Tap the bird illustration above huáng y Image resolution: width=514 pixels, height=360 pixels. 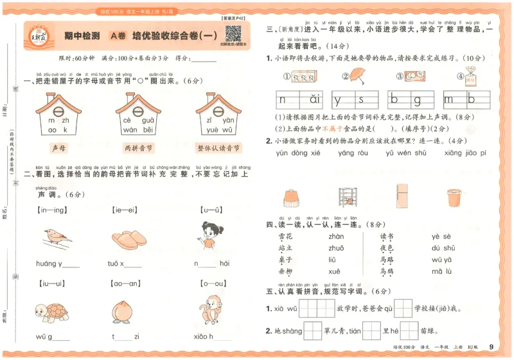[57, 237]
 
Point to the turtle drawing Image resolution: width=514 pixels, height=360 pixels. [51, 310]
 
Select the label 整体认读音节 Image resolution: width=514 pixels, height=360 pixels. [218, 147]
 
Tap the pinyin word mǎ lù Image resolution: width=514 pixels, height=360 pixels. [444, 272]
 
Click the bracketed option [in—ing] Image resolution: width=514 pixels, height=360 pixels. [54, 210]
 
